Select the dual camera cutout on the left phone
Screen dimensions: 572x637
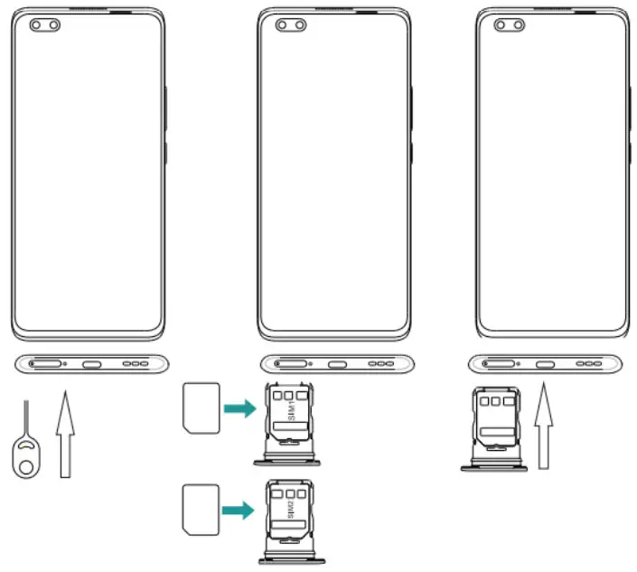pos(45,26)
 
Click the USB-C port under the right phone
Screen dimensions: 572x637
pos(546,365)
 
